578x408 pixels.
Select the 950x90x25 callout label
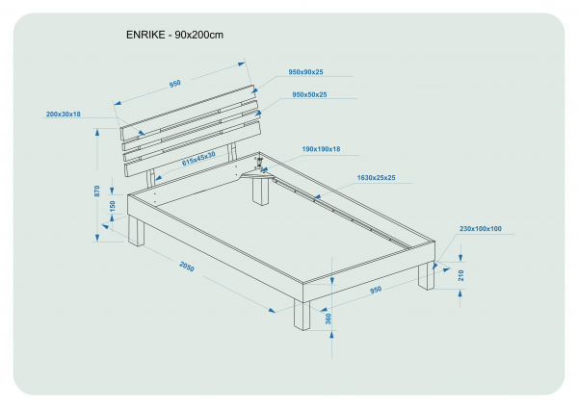[305, 72]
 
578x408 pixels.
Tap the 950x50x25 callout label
[309, 94]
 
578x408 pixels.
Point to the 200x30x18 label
[63, 115]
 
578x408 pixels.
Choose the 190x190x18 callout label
[321, 149]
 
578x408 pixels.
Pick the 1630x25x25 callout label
[376, 178]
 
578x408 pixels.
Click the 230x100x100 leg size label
[480, 229]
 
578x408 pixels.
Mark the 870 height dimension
[97, 191]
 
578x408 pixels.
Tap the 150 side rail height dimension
[113, 206]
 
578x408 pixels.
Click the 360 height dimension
[328, 319]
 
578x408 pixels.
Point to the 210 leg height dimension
[461, 275]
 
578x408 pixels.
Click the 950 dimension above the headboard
[175, 84]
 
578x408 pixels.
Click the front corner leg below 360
[302, 315]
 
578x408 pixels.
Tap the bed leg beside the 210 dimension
[425, 276]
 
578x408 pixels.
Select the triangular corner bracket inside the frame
[254, 173]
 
